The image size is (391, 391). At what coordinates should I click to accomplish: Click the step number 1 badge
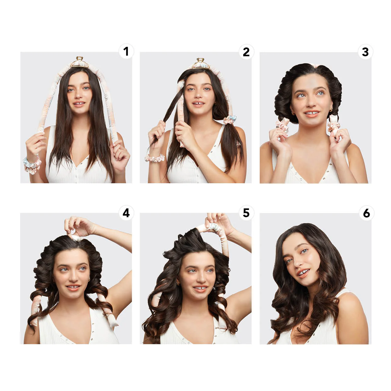coord(126,51)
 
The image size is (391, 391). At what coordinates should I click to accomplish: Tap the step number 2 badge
coord(246,52)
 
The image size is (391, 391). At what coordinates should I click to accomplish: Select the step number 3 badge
coord(365,52)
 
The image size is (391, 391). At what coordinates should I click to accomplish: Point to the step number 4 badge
coord(126,213)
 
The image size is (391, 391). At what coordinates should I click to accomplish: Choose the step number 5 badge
coord(246,213)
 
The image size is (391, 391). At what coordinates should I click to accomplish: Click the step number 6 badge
coord(366,213)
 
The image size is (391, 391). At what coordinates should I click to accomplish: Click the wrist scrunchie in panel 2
coord(155,158)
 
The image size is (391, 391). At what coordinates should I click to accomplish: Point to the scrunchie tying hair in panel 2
coord(230,120)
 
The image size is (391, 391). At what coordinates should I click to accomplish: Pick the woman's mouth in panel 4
coord(73,287)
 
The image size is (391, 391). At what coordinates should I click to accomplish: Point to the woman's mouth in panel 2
coord(198,103)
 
